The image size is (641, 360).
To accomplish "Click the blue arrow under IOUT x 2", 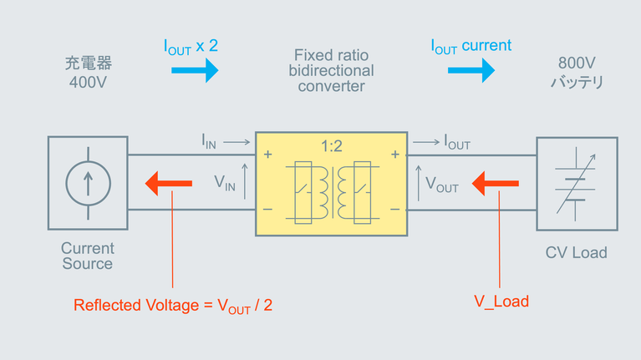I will pyautogui.click(x=195, y=69).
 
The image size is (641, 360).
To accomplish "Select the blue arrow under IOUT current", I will pyautogui.click(x=471, y=69).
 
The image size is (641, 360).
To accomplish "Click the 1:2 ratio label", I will pyautogui.click(x=331, y=146).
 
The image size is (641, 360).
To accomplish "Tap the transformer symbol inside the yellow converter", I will pyautogui.click(x=332, y=192).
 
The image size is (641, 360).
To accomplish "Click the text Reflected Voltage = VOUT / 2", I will pyautogui.click(x=173, y=305).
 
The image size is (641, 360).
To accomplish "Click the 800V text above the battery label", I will pyautogui.click(x=576, y=63).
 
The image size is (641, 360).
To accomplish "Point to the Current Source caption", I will pyautogui.click(x=87, y=256).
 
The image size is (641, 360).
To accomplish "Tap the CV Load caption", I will pyautogui.click(x=576, y=252).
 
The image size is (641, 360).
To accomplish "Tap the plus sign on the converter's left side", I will pyautogui.click(x=268, y=155).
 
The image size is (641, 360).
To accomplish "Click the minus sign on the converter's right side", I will pyautogui.click(x=394, y=209).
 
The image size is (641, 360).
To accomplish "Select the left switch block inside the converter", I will pyautogui.click(x=301, y=192).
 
